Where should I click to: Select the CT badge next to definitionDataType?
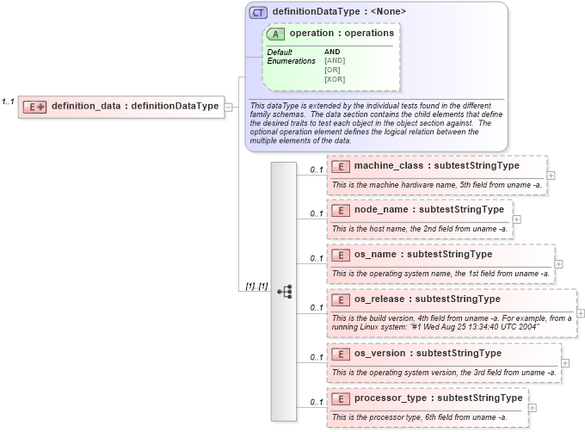tap(258, 12)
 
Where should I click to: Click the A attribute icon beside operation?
tap(276, 34)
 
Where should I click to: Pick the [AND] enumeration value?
tap(335, 60)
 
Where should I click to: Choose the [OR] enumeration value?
tap(332, 70)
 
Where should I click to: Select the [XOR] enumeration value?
tap(335, 79)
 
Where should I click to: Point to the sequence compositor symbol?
tap(284, 292)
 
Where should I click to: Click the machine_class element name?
tap(436, 165)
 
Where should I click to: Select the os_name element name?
tap(423, 254)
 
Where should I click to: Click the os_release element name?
tap(427, 299)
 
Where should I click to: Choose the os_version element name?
tap(428, 353)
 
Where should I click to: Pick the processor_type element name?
tap(438, 398)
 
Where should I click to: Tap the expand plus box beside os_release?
tap(581, 313)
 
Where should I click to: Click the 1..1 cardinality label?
tap(8, 102)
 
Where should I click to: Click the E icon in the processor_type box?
tap(340, 399)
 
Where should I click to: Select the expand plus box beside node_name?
tap(516, 219)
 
